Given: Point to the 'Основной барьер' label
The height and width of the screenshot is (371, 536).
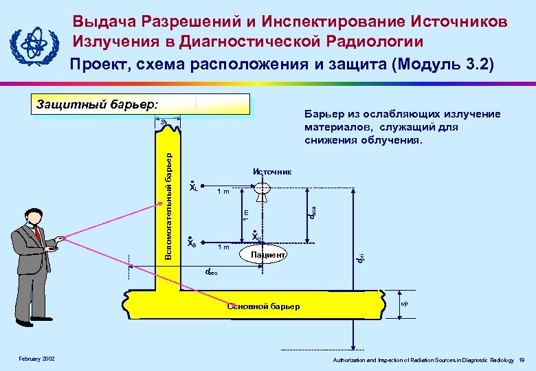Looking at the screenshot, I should [263, 306].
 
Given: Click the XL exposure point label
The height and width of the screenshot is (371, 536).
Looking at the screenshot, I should [193, 187].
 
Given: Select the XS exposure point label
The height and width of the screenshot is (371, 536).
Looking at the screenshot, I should [192, 242].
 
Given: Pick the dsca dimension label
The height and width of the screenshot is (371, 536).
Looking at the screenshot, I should [311, 214].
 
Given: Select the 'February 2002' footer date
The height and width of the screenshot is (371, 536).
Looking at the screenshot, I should [37, 359].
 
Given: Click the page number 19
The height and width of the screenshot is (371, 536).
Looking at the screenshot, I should [522, 360].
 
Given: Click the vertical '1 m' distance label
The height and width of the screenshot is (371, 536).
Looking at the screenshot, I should [245, 214].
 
